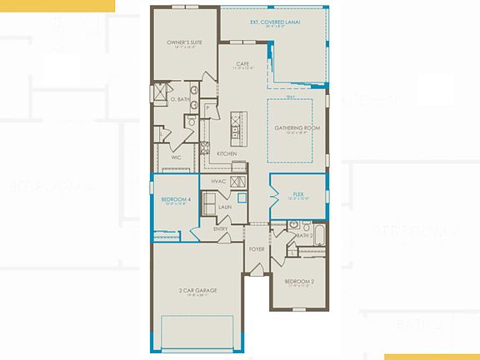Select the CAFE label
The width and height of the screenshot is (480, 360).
tap(242, 63)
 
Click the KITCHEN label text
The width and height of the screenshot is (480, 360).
tap(226, 154)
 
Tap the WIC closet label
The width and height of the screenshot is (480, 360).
tap(176, 157)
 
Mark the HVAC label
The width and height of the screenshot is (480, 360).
tap(218, 181)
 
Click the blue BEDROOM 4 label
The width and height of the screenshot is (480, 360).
tap(175, 200)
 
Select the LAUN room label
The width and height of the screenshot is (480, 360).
tap(224, 207)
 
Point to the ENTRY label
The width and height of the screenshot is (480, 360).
tap(221, 228)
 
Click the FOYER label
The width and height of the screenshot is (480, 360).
tap(257, 248)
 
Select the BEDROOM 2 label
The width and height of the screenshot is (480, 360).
tap(300, 281)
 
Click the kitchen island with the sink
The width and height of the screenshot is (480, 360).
tap(237, 125)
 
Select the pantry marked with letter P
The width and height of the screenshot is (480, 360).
tap(206, 109)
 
